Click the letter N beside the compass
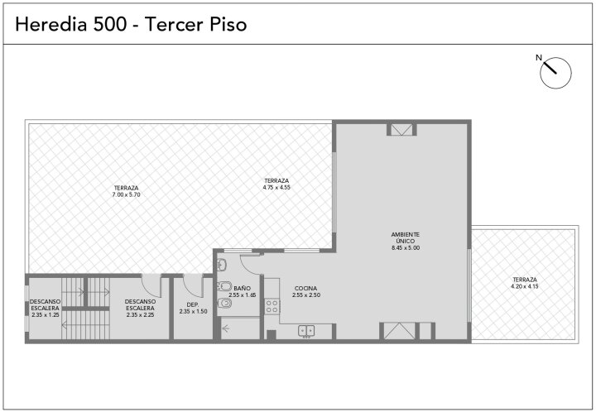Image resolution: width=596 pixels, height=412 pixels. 539,58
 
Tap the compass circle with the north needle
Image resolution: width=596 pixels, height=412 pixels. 555,73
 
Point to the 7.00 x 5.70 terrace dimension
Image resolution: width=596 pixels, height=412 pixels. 126,194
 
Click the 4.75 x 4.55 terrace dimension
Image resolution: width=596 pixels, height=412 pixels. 276,187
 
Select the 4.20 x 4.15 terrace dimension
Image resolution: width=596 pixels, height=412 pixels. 525,286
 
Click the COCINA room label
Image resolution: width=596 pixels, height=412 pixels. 305,289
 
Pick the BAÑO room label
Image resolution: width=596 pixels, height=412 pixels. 242,289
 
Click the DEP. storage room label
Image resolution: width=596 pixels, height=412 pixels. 193,304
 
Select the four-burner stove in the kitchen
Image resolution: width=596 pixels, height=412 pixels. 272,306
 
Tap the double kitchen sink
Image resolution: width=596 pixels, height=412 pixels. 306,331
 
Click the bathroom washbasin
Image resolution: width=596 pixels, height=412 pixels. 222,264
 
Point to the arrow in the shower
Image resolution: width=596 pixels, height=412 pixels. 227,328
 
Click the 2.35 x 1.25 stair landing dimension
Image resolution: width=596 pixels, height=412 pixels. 46,314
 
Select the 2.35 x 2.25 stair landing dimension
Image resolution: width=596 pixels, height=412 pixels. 140,314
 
